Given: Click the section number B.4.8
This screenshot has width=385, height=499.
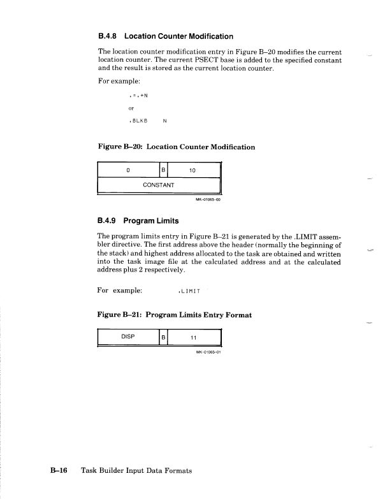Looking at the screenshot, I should [x=109, y=36].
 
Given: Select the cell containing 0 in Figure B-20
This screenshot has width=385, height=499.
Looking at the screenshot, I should [x=128, y=170].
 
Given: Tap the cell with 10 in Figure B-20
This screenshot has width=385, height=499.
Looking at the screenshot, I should [x=193, y=170].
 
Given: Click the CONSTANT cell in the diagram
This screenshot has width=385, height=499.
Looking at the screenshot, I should [x=159, y=185].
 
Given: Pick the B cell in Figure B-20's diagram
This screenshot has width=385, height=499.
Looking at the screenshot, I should [x=163, y=170].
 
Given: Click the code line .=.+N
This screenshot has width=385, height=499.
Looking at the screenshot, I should [x=138, y=96].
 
